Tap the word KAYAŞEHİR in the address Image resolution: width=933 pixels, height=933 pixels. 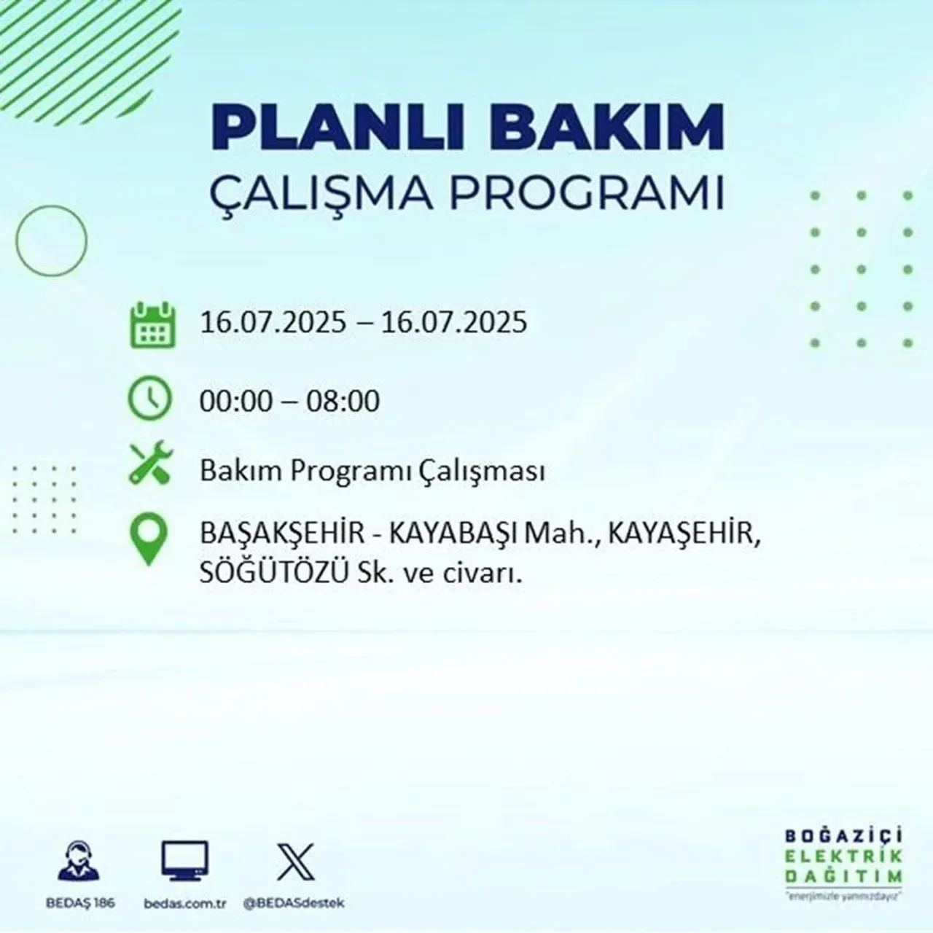pyautogui.click(x=684, y=534)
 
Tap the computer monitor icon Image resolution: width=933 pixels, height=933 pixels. pyautogui.click(x=184, y=862)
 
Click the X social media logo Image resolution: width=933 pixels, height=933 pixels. pyautogui.click(x=295, y=862)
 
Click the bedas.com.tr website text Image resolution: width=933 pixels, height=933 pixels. pyautogui.click(x=184, y=903)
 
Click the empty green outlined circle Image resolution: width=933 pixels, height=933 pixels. pyautogui.click(x=51, y=240)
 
